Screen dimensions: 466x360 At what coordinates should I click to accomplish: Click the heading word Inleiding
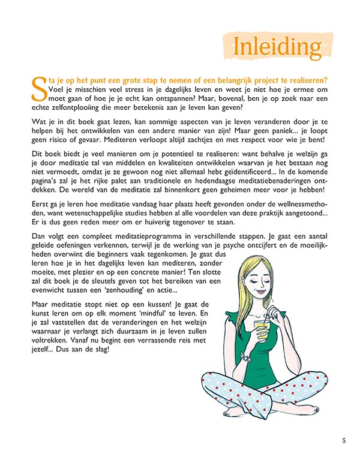(278, 46)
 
